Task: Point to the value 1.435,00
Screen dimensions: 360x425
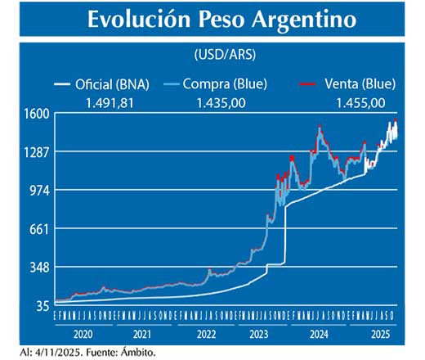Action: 221,102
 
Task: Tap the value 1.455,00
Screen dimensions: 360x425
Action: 360,102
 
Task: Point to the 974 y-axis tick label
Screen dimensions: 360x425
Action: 40,191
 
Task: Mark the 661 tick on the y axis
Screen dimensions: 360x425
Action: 40,229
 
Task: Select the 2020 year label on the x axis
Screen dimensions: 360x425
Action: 82,334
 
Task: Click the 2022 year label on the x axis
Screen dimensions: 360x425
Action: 206,334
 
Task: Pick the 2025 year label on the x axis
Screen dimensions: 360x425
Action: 378,334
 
